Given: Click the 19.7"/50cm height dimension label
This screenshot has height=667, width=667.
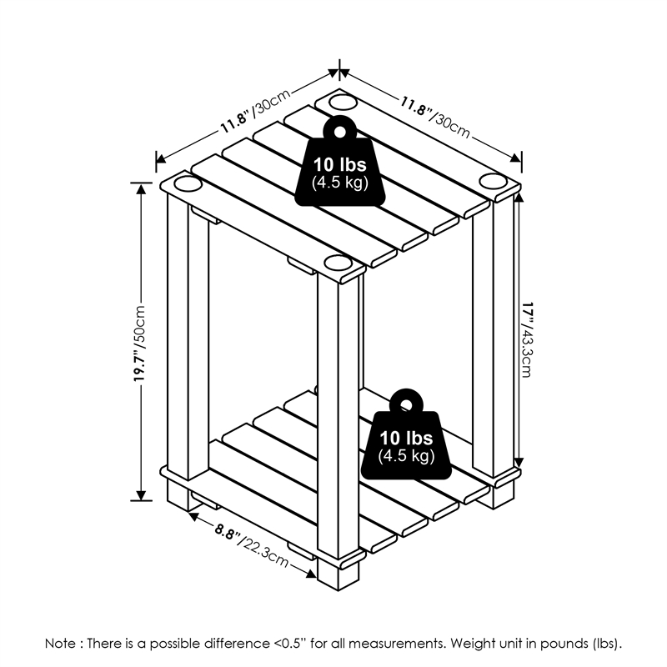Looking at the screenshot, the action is pyautogui.click(x=140, y=343).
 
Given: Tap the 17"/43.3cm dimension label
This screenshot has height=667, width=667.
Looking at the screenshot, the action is pyautogui.click(x=527, y=339).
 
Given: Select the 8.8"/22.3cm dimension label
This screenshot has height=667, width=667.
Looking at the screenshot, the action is pyautogui.click(x=252, y=546).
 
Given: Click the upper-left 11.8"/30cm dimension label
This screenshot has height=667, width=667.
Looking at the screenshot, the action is pyautogui.click(x=255, y=112).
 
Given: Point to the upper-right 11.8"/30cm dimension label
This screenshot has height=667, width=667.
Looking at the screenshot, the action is pyautogui.click(x=434, y=117).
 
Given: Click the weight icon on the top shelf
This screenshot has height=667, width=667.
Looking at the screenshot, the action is pyautogui.click(x=340, y=162).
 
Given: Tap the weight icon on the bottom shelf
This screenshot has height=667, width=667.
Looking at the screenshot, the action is pyautogui.click(x=406, y=434).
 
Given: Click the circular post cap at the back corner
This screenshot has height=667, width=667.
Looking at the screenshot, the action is pyautogui.click(x=342, y=102).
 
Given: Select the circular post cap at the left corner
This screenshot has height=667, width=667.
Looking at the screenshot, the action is pyautogui.click(x=187, y=184).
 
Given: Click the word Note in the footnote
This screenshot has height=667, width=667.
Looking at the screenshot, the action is pyautogui.click(x=61, y=644).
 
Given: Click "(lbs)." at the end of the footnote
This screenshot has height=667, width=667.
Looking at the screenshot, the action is pyautogui.click(x=607, y=644).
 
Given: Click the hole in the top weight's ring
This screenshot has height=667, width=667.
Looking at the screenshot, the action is pyautogui.click(x=340, y=132).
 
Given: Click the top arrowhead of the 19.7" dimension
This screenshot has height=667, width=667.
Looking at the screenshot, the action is pyautogui.click(x=141, y=188).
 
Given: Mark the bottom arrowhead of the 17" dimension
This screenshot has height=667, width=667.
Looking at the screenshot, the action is pyautogui.click(x=519, y=463).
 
